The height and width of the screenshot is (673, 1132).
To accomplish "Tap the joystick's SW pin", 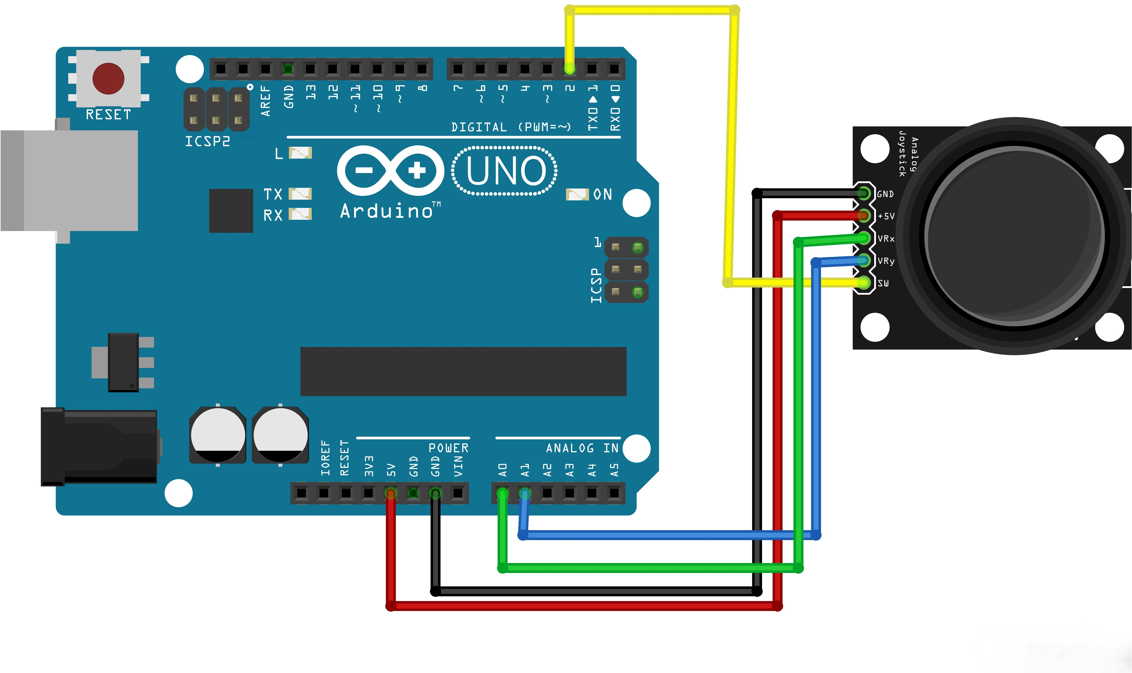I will click(864, 283).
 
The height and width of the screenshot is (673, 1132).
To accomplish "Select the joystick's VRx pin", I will click(864, 238).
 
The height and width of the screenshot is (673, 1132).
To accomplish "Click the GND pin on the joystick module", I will click(864, 194).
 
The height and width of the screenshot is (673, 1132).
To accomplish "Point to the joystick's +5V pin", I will click(864, 215).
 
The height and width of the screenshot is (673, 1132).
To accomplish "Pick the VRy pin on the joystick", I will click(864, 260).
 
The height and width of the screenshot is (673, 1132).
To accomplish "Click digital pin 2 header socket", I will click(570, 69).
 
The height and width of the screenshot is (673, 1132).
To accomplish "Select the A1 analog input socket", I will click(525, 493).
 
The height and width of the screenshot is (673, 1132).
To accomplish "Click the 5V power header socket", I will click(390, 493).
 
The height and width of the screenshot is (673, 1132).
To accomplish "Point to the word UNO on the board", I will click(505, 171).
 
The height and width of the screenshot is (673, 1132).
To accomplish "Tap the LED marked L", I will click(300, 153).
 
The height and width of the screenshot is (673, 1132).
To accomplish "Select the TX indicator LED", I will click(300, 194).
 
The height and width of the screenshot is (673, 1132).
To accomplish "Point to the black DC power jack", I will click(99, 447).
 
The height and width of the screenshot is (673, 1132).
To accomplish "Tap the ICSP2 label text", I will click(208, 142).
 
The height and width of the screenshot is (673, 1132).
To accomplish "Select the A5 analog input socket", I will click(614, 493).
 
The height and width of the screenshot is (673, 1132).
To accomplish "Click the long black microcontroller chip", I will click(463, 371).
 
